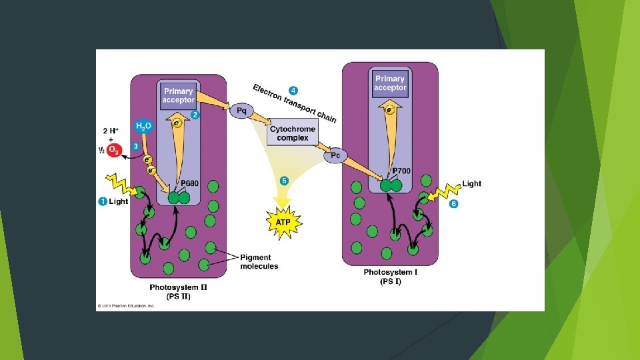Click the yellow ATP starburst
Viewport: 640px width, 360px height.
(x=283, y=218)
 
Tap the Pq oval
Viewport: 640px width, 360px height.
(x=241, y=109)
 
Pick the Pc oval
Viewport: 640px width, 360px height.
(x=335, y=155)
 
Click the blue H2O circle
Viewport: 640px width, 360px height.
(x=143, y=126)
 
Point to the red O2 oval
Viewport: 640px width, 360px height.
(x=113, y=151)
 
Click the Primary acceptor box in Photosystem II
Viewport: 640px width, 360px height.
(x=178, y=95)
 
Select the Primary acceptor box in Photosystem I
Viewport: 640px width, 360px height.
(x=389, y=83)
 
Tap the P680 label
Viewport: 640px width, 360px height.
(x=191, y=183)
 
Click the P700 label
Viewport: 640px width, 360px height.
(x=401, y=171)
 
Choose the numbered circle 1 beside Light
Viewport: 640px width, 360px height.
(x=103, y=201)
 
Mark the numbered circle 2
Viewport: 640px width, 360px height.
(x=195, y=115)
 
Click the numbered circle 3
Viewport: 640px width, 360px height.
(x=136, y=145)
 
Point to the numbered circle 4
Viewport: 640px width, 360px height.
(x=293, y=90)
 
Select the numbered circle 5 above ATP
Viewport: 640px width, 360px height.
(x=284, y=181)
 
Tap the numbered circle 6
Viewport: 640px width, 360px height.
(x=454, y=204)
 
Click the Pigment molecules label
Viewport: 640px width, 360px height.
(x=259, y=261)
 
